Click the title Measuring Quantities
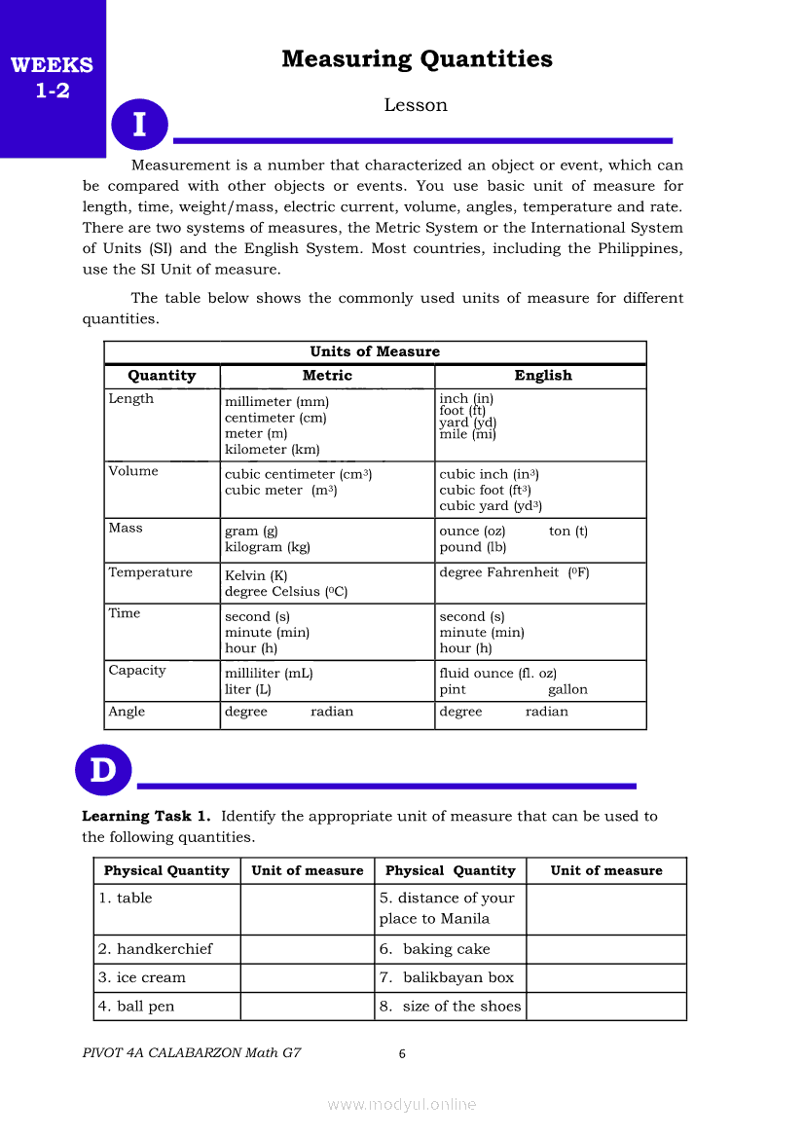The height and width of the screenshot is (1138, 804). [x=417, y=59]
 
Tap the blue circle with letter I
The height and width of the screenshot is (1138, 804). [x=139, y=125]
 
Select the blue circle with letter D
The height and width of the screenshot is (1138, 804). [x=102, y=770]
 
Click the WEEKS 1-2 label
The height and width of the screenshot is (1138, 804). [x=52, y=79]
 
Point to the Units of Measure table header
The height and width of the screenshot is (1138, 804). [x=375, y=351]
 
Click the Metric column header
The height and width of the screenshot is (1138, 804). [x=327, y=376]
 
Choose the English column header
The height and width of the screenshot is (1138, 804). [x=543, y=376]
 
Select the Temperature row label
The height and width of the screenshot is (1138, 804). [x=150, y=572]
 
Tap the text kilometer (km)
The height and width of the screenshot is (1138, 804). [x=272, y=450]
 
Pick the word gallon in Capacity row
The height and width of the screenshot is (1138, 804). [x=567, y=689]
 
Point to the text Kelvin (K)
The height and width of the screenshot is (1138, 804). [x=256, y=576]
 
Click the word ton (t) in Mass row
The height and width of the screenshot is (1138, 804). [x=568, y=531]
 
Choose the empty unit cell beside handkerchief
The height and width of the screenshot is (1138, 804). [x=308, y=949]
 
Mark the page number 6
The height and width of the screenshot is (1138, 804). [x=402, y=1053]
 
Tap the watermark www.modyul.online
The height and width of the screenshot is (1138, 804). [x=402, y=1104]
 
